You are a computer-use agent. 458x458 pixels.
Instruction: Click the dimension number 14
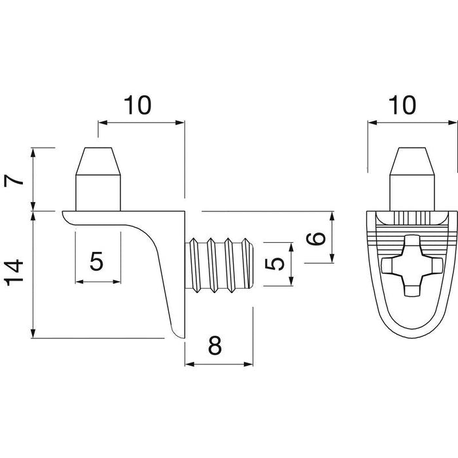14,272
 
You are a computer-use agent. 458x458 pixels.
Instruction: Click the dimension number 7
14,180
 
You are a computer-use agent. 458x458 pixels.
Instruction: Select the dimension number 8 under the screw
215,345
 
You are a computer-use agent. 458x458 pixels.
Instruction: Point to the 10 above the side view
137,105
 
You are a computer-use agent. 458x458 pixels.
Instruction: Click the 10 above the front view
402,105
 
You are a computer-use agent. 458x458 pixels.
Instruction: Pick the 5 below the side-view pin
96,261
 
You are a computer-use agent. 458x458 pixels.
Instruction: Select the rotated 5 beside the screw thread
275,264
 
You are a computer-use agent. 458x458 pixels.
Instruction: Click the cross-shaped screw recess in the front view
412,265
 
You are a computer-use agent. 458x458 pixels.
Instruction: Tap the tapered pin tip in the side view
98,161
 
